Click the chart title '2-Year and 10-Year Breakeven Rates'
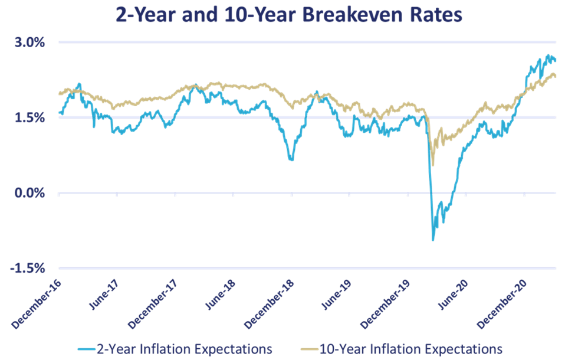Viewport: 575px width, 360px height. tap(289, 15)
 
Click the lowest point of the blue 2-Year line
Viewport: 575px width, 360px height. tap(433, 240)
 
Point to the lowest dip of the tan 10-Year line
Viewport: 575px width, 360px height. tap(433, 165)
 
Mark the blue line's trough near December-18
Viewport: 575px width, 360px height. tap(291, 160)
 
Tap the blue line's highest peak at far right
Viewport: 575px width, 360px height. tap(548, 55)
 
